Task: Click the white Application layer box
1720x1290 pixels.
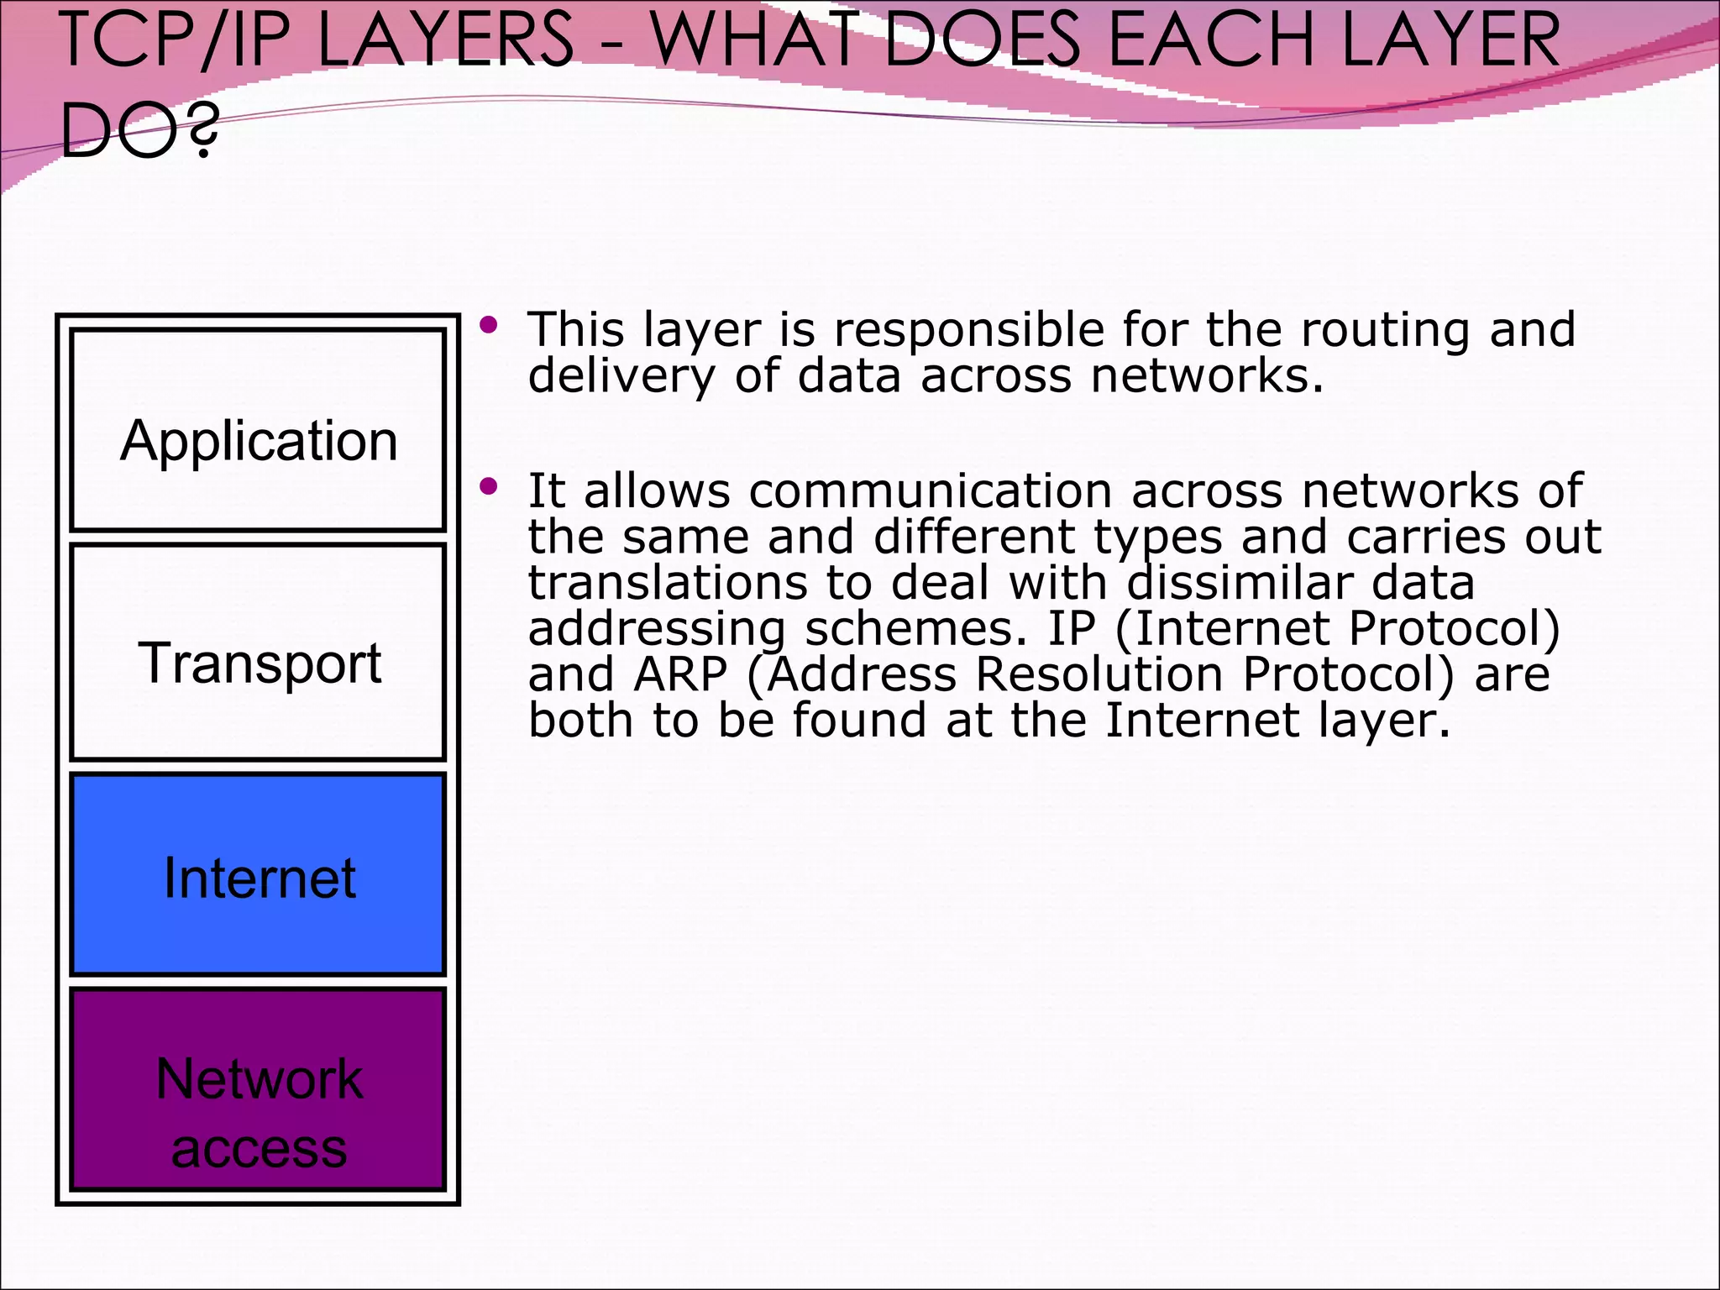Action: click(258, 430)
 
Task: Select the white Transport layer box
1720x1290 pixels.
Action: click(258, 652)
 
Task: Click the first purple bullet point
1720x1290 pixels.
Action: click(489, 324)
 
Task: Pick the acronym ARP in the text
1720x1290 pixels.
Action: click(680, 674)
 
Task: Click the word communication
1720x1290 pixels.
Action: click(931, 491)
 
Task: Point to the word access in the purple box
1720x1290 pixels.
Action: click(259, 1149)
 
